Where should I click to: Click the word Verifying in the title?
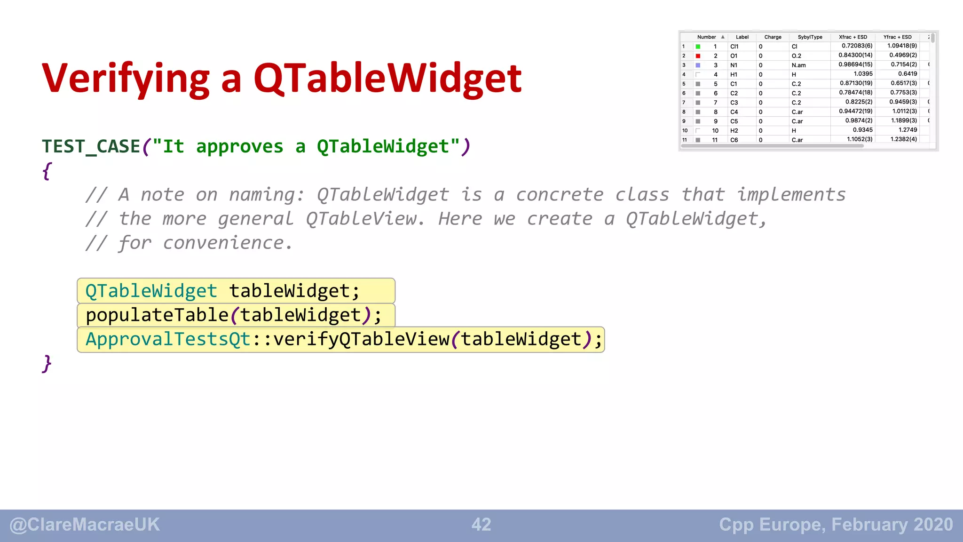click(126, 79)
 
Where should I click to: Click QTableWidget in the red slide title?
click(387, 78)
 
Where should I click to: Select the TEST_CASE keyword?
click(91, 147)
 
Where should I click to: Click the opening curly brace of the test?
click(47, 171)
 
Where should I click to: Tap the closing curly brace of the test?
click(47, 363)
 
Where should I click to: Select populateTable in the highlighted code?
click(157, 315)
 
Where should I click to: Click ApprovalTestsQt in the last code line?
click(168, 339)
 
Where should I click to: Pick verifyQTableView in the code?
click(361, 339)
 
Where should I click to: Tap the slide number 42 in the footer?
click(481, 525)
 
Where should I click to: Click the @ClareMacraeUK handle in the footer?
click(85, 525)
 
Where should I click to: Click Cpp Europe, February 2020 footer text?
click(836, 525)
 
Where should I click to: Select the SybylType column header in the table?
click(810, 37)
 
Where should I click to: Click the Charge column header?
click(773, 37)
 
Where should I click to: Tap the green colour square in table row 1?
click(698, 47)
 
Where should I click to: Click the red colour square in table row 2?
click(698, 56)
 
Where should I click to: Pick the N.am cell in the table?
click(798, 65)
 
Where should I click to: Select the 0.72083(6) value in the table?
click(857, 46)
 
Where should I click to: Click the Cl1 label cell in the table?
click(734, 47)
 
